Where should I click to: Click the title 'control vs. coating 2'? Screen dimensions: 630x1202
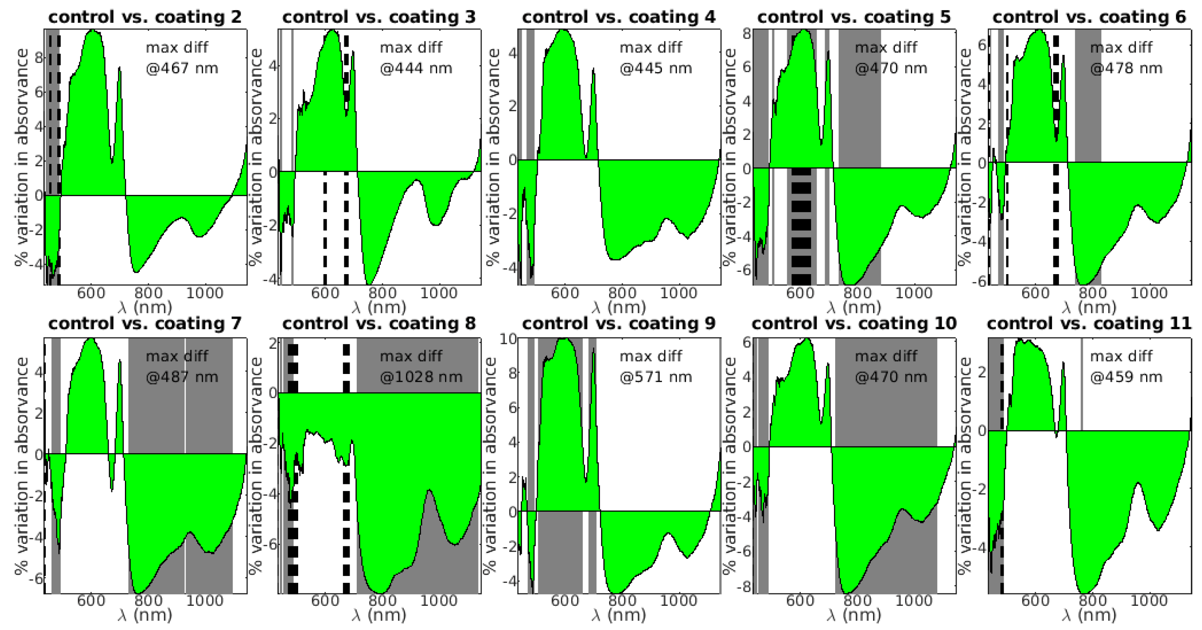[x=145, y=17]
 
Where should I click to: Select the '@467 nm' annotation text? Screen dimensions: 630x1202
[x=182, y=68]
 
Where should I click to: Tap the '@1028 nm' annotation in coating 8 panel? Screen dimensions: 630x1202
[x=421, y=377]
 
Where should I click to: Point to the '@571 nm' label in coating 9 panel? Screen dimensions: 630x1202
[x=656, y=377]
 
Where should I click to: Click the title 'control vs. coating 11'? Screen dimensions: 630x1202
[x=1089, y=323]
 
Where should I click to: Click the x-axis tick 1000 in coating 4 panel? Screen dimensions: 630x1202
[x=679, y=293]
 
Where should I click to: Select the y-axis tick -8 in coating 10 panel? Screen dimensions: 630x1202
[x=745, y=586]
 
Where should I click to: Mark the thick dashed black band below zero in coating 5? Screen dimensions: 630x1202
[x=801, y=226]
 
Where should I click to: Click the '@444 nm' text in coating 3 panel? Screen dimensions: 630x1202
[x=416, y=68]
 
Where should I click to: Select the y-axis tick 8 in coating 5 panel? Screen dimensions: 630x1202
[x=747, y=33]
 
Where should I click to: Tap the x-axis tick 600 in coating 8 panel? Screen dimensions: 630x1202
[x=325, y=601]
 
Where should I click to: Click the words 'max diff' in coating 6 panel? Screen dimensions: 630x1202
[x=1121, y=47]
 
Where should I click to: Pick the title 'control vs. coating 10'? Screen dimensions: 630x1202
[x=854, y=323]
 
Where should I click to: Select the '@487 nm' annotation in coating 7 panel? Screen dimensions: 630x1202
[x=182, y=377]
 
